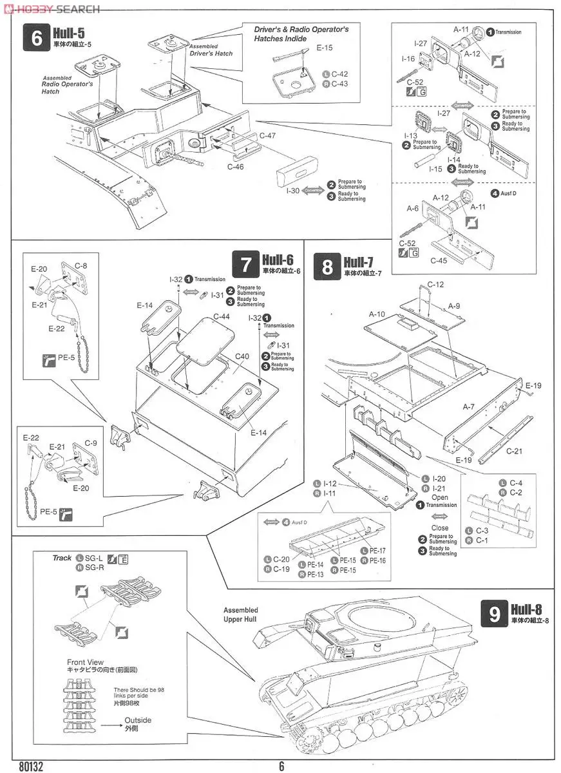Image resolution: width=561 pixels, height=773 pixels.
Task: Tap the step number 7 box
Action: [x=245, y=265]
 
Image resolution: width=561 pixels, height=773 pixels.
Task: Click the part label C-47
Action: [x=267, y=136]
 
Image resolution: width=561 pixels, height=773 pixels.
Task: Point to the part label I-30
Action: [x=292, y=191]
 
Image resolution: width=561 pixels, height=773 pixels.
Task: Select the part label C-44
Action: [x=222, y=317]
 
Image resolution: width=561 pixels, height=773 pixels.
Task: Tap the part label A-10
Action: [x=377, y=314]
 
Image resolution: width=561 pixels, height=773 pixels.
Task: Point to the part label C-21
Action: [x=514, y=451]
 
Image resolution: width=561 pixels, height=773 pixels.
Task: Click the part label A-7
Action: [x=468, y=406]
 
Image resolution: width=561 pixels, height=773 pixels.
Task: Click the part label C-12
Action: [x=436, y=285]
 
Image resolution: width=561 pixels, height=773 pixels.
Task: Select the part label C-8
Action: [x=81, y=265]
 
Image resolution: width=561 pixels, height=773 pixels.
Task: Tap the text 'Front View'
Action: [x=85, y=662]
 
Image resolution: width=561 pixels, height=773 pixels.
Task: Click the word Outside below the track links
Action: [x=138, y=720]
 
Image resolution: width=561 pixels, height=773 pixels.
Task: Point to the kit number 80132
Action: [x=30, y=767]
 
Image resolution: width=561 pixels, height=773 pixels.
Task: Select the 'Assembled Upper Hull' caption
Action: [x=240, y=615]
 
